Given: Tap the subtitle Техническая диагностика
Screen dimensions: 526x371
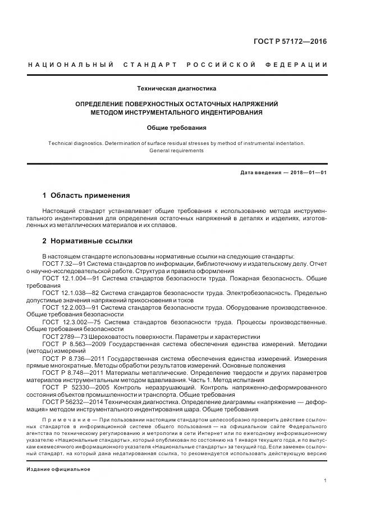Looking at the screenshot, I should point(177,88).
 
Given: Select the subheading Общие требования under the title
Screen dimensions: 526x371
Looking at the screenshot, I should point(176,128).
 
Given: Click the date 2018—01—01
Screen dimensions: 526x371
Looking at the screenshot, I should point(308,171).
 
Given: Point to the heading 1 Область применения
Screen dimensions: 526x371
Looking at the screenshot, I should point(86,196).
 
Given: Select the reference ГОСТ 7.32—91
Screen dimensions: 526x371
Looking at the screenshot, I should point(63,264).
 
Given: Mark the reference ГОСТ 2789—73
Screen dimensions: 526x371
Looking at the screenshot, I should point(62,336).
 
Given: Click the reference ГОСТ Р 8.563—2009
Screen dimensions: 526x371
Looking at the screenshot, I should point(71,343).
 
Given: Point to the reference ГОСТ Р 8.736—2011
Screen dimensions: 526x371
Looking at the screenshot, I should point(71,358).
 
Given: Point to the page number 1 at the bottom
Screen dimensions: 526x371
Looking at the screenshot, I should point(326,480).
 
